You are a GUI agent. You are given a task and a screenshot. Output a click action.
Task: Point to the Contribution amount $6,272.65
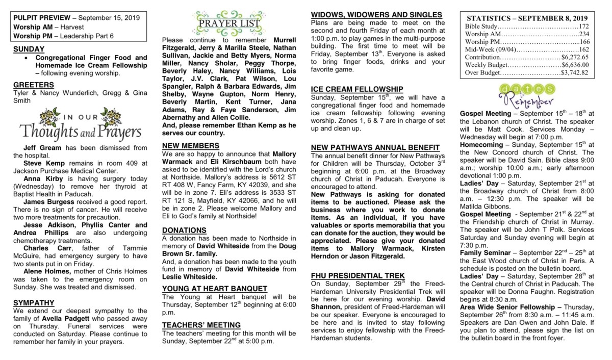tap(575, 57)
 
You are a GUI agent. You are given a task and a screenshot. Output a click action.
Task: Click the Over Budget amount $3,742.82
tap(575, 72)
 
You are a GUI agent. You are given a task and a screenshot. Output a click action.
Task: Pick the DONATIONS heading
tap(185, 230)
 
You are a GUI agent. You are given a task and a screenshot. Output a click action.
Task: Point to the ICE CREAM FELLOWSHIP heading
tap(357, 89)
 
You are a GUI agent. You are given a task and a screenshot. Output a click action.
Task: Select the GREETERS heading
tap(34, 85)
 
